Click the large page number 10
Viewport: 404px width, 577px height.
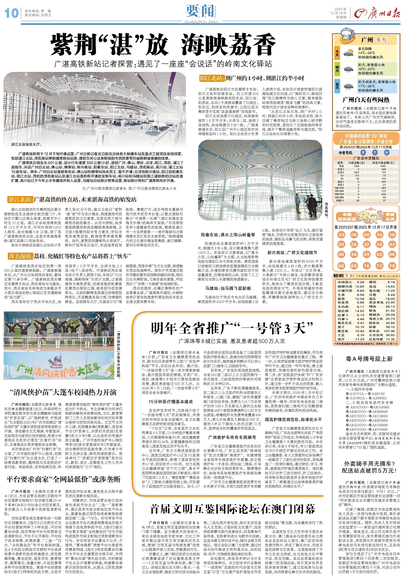pos(11,13)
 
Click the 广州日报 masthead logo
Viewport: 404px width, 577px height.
pos(377,13)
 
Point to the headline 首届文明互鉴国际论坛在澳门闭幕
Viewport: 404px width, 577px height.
pos(232,509)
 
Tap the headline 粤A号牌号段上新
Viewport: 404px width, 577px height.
pos(369,359)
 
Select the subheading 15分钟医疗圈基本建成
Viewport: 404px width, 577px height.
pos(171,402)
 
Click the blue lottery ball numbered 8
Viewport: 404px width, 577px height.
pos(363,152)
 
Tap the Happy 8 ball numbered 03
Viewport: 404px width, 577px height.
pos(341,235)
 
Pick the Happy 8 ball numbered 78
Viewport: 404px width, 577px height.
pos(392,266)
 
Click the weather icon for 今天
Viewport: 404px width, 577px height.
pos(348,53)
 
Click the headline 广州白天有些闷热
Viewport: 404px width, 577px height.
pos(366,100)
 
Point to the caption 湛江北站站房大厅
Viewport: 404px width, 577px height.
pos(26,145)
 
